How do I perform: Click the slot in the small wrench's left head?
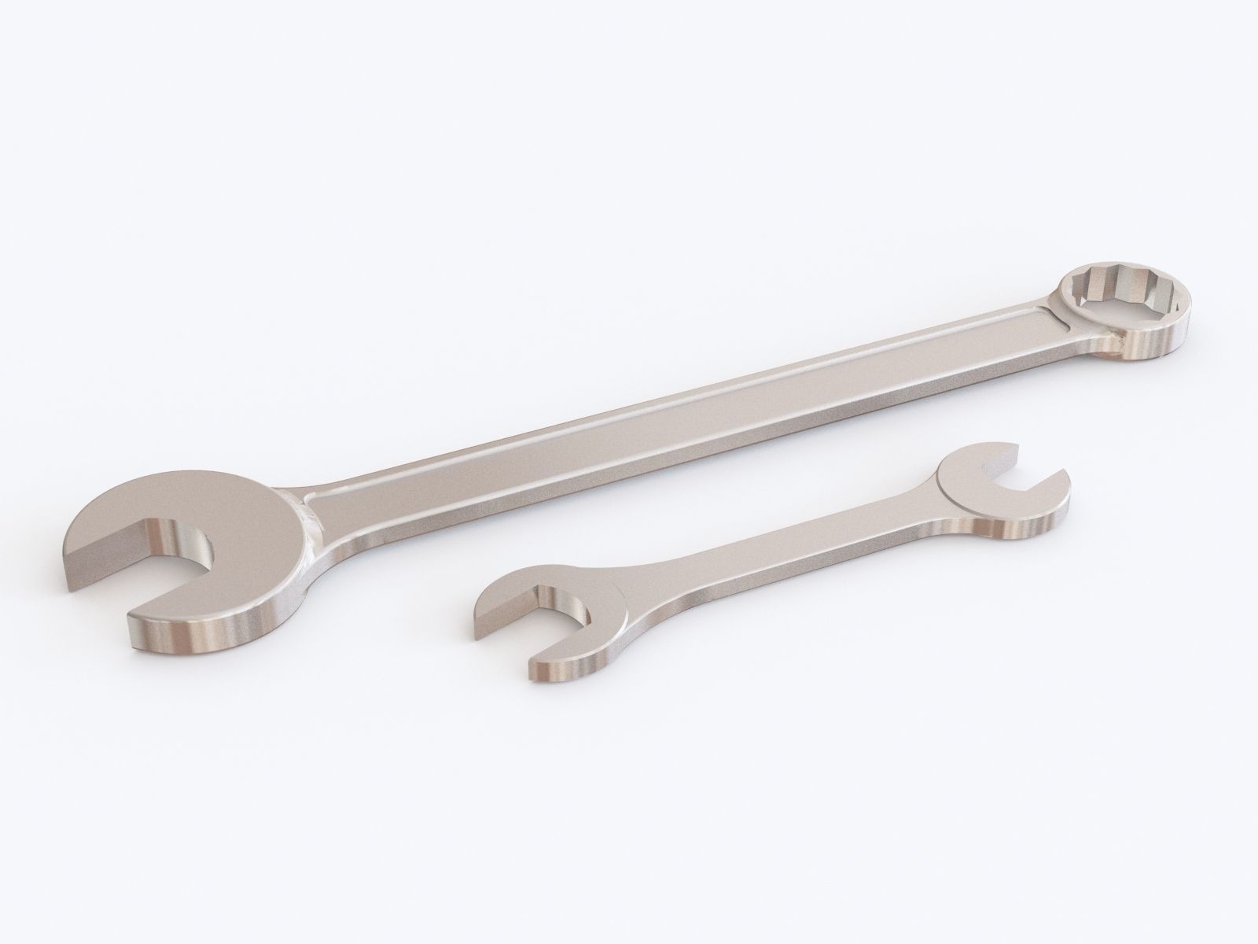pos(550,621)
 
